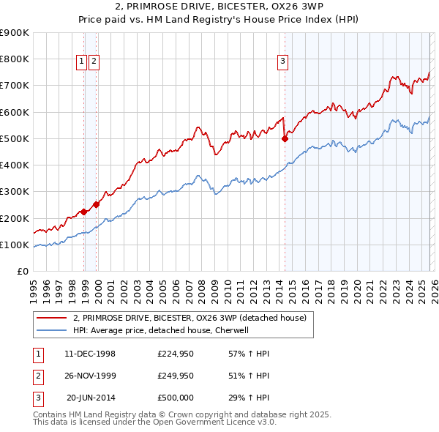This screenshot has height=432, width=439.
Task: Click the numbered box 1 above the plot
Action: point(82,62)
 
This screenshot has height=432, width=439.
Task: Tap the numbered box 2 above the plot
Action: point(95,62)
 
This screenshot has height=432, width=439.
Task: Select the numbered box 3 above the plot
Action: point(282,62)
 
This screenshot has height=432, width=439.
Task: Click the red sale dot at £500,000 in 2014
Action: point(285,138)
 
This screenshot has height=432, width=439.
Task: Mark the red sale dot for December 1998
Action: point(84,212)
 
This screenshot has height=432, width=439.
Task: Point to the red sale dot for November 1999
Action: point(97,205)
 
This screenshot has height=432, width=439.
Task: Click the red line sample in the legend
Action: point(52,319)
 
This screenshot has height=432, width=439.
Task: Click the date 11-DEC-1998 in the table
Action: point(90,354)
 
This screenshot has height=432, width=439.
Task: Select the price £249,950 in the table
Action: point(175,376)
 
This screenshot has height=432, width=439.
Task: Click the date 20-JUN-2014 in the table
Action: point(91,398)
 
